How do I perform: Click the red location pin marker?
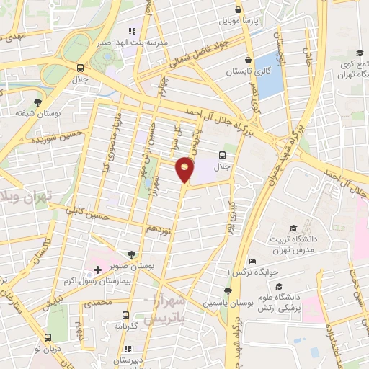click(x=185, y=170)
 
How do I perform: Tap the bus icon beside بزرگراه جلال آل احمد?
click(x=221, y=154)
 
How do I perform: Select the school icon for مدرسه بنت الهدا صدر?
click(x=131, y=32)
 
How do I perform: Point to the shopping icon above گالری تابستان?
click(x=248, y=61)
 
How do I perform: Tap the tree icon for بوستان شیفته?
click(x=37, y=102)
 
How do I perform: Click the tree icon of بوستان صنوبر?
click(x=130, y=254)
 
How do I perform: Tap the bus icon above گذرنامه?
click(x=126, y=315)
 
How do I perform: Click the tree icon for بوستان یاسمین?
click(x=228, y=290)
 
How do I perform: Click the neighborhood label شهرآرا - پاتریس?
click(x=180, y=308)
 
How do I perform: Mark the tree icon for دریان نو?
click(x=48, y=337)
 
